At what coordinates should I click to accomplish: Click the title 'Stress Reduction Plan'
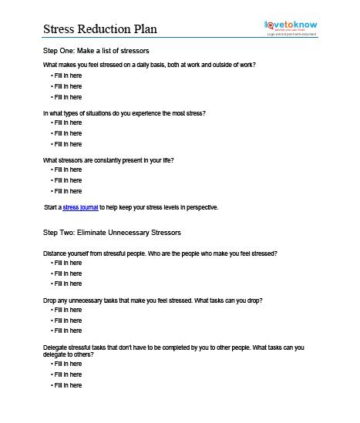click(x=99, y=29)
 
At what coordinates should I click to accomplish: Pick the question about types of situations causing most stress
click(x=124, y=113)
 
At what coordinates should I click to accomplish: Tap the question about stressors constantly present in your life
click(x=109, y=160)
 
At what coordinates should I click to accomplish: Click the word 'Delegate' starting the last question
click(x=56, y=347)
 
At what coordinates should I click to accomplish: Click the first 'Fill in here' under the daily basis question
click(x=67, y=76)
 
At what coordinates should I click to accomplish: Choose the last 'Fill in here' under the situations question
click(x=67, y=144)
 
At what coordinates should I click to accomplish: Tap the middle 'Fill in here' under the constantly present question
click(x=67, y=180)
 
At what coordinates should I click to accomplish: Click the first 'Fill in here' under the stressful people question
click(x=67, y=263)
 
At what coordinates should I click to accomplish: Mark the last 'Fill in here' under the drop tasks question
click(x=67, y=331)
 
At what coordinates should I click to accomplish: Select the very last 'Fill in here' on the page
click(x=67, y=385)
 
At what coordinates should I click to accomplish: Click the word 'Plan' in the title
click(x=144, y=29)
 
